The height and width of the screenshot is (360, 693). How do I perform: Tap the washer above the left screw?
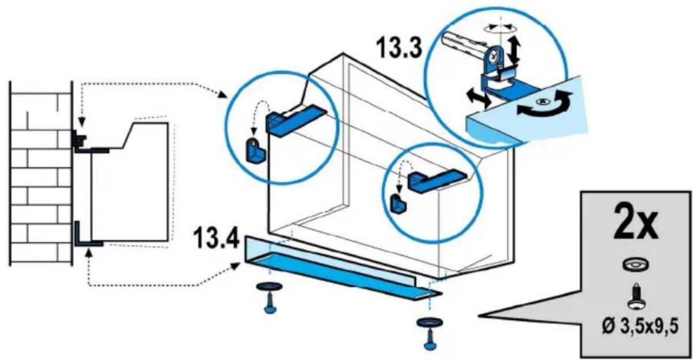(269, 286)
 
